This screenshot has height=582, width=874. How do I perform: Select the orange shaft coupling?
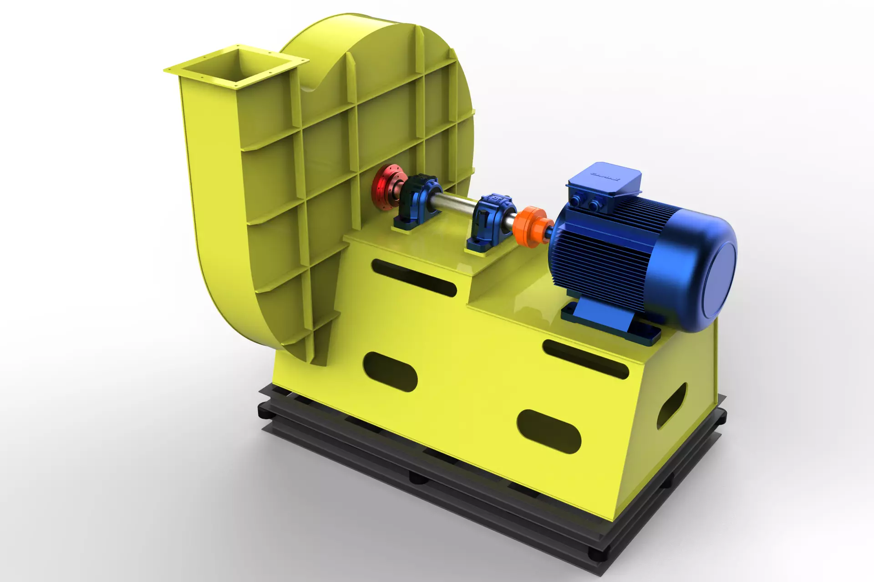pos(530,226)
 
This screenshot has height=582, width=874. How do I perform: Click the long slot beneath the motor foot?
pos(585,359)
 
